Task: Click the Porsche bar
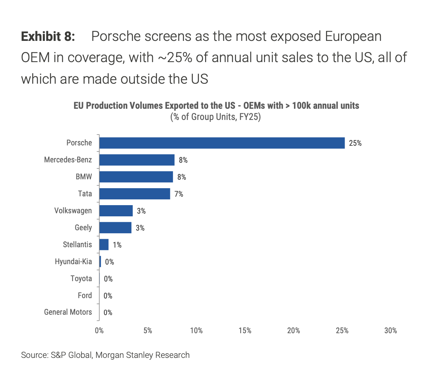point(222,143)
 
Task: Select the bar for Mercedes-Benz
point(137,160)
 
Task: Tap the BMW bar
point(136,177)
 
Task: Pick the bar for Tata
point(134,194)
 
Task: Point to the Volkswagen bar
point(116,211)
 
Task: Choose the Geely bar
point(115,228)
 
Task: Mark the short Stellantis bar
point(104,245)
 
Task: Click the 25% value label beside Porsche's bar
point(355,143)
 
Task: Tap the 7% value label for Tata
point(178,194)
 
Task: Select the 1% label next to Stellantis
point(117,245)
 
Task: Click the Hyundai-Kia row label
point(73,262)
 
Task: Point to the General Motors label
point(68,312)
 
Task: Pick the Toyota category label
point(81,279)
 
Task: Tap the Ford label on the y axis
point(85,296)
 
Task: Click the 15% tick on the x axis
point(245,331)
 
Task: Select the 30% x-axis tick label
point(391,331)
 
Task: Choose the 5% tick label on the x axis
point(148,331)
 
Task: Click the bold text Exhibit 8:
point(48,37)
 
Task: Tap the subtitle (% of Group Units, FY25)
point(216,117)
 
